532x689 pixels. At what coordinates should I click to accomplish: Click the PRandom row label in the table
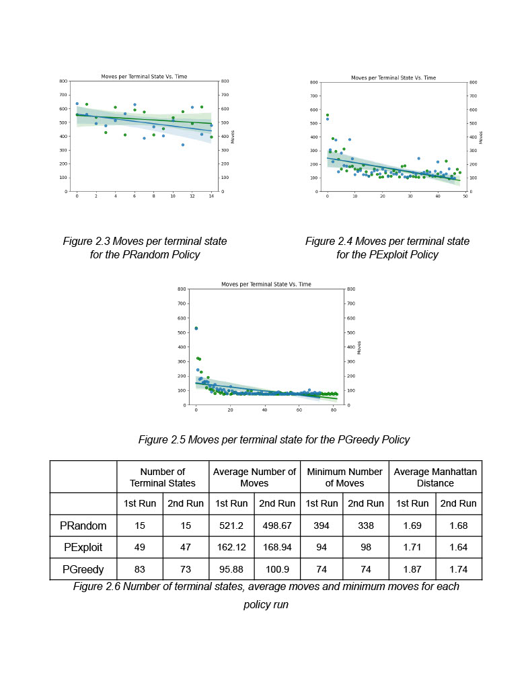coord(83,525)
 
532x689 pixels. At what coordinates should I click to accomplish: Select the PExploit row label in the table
coord(83,548)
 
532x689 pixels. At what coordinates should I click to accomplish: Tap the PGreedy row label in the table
coord(83,569)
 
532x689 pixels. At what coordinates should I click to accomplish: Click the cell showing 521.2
coord(231,525)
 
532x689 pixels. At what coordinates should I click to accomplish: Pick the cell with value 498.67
coord(276,525)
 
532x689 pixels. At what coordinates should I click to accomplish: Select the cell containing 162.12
coord(231,548)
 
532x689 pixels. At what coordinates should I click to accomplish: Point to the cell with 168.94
coord(276,548)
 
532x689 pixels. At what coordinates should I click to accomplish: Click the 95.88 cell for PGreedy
coord(231,569)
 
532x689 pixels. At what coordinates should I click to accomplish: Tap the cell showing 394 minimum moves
coord(321,525)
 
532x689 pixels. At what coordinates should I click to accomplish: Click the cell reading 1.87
coord(413,569)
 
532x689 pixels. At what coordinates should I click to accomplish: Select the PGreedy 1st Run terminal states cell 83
coord(140,569)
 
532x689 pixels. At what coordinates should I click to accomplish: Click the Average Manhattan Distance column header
coord(436,477)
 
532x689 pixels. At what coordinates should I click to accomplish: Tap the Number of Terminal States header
coord(163,477)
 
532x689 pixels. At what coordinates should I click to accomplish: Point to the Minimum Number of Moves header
coord(344,477)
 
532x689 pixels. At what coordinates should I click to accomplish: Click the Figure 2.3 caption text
coord(145,248)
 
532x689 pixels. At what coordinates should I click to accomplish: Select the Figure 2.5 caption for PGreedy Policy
coord(274,439)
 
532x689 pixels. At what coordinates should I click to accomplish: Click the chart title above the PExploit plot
coord(393,78)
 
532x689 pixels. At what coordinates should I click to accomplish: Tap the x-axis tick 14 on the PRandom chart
coord(211,196)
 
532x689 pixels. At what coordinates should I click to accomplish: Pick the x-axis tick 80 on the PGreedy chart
coord(334,410)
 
